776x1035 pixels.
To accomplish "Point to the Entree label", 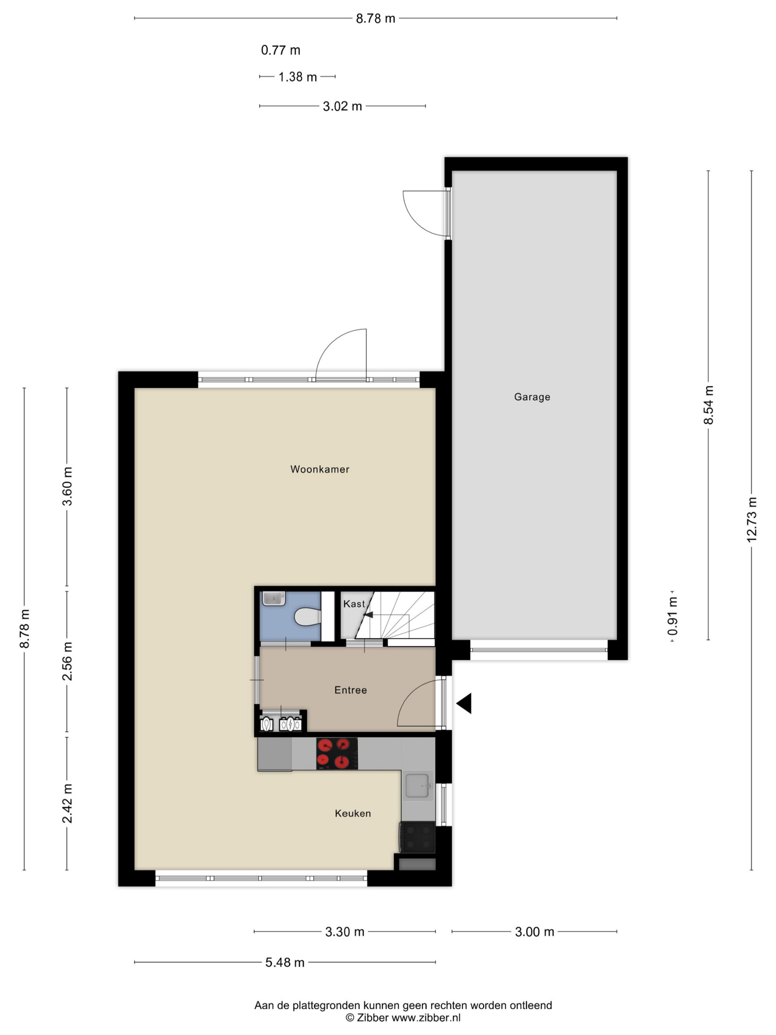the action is [350, 690].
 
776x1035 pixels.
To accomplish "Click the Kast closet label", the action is [354, 604].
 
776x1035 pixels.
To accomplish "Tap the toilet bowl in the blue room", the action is [307, 617].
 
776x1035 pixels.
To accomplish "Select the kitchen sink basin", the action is [418, 786].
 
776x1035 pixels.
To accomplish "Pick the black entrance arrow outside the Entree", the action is [464, 703].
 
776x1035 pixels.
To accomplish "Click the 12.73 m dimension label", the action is [751, 520].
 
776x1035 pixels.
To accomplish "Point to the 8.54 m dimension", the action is [708, 405].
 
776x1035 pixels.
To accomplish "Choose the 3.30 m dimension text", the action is [345, 931].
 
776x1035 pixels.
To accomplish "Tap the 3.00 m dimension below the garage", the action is [534, 931].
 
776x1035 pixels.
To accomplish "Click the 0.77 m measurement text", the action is [280, 50].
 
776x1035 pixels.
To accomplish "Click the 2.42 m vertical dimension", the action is [67, 803].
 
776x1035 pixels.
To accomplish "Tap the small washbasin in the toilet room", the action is [274, 598].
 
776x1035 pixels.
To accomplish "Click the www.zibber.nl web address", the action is [426, 1018].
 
